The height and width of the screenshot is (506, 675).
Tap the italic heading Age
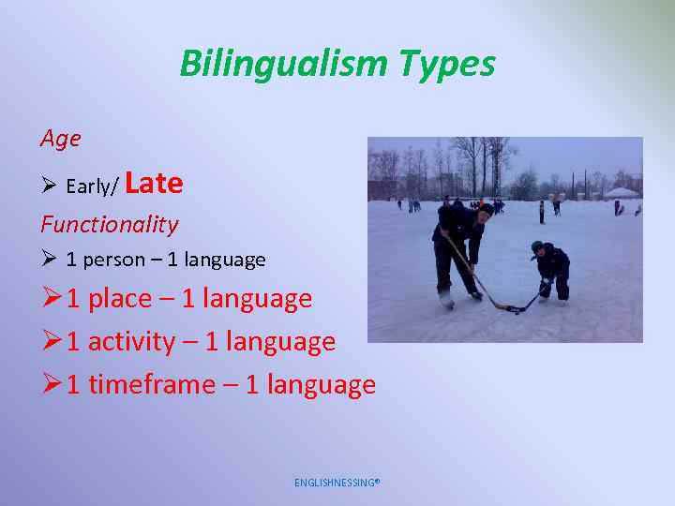[60, 139]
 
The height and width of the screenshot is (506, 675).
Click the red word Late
[153, 183]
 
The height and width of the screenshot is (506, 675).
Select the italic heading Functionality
[109, 224]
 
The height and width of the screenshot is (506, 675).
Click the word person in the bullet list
[114, 259]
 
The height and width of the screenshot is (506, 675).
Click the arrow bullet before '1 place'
[52, 299]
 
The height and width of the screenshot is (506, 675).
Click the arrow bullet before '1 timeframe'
[52, 384]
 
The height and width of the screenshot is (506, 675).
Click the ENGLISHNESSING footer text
[337, 483]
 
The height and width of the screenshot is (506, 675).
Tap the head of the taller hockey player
[484, 211]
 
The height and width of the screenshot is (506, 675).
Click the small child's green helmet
[537, 247]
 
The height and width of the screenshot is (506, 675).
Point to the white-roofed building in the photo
[621, 193]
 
